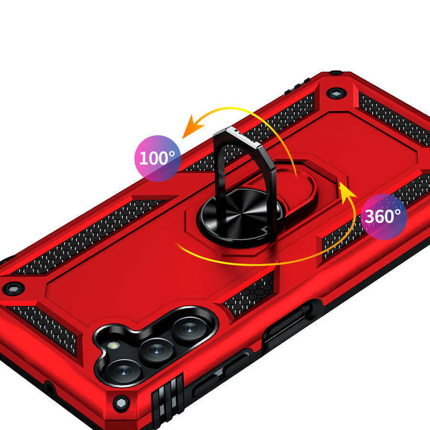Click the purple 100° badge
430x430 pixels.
tap(158, 158)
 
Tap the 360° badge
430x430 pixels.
tap(384, 216)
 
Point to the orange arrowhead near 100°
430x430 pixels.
tap(193, 127)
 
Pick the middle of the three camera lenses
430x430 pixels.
tap(157, 351)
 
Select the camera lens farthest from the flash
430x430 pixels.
tap(190, 329)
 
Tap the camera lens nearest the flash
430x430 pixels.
tap(124, 372)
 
